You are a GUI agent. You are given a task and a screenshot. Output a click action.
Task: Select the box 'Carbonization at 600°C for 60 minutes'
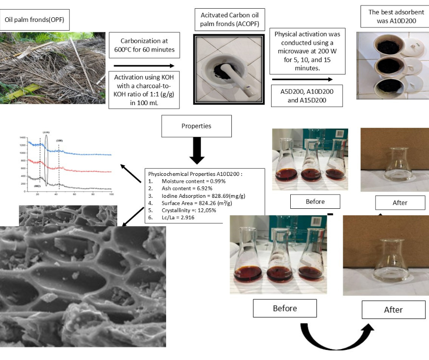click(x=144, y=44)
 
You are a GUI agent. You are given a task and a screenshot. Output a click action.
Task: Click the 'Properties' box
click(x=196, y=126)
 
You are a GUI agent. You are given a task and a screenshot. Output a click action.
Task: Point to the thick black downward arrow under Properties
click(x=197, y=151)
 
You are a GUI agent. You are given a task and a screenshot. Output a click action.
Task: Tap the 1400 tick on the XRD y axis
click(x=22, y=137)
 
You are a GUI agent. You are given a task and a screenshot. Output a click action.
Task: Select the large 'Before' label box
click(x=285, y=308)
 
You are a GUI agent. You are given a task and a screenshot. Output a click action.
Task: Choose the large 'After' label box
click(x=393, y=310)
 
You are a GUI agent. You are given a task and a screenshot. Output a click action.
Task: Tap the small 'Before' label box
click(x=315, y=201)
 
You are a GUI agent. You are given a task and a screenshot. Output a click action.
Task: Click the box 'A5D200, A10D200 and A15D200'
click(x=307, y=96)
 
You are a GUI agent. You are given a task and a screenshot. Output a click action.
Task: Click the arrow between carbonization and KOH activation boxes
click(x=144, y=66)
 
